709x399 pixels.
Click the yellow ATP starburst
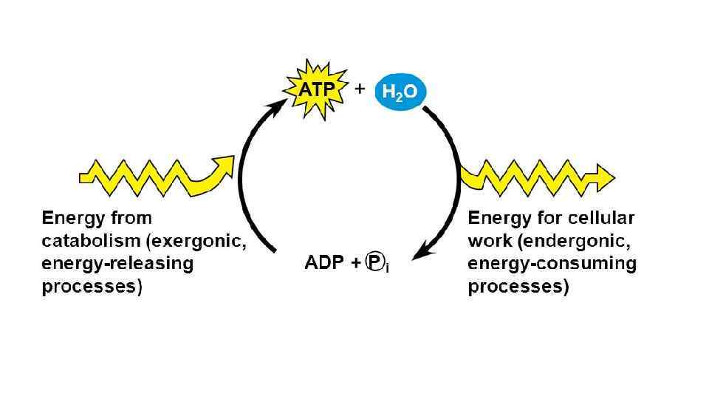(315, 90)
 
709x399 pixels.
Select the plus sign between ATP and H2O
(360, 88)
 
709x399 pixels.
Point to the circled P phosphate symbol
(376, 264)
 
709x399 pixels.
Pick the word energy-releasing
(117, 264)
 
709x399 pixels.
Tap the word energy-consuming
(552, 264)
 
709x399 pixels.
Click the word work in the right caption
(487, 241)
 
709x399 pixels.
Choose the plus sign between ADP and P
(357, 264)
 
